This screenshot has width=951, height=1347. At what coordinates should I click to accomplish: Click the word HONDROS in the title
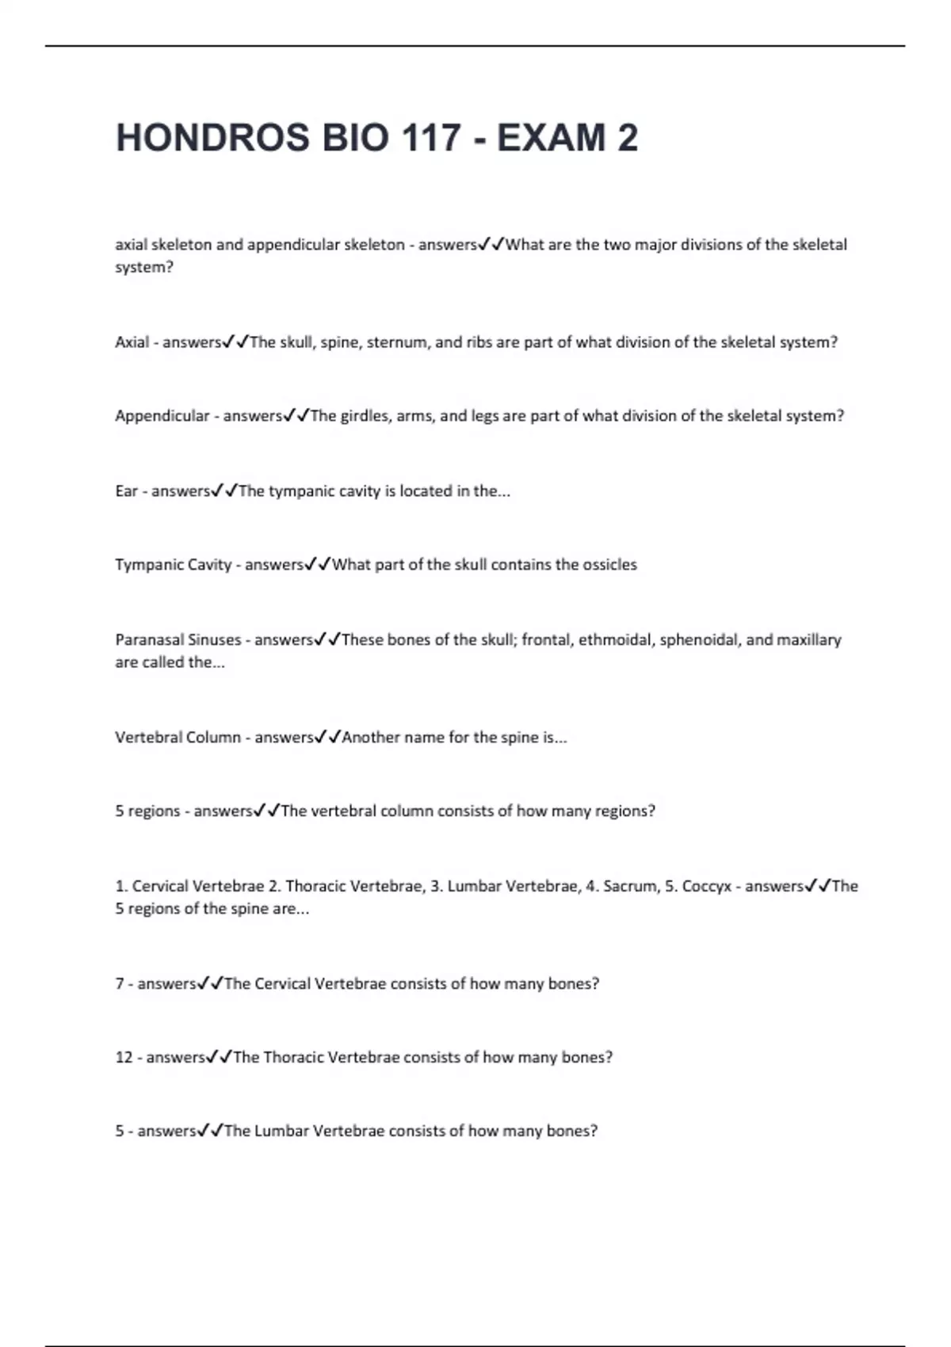point(212,138)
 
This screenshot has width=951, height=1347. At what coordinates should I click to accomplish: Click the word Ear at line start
point(126,491)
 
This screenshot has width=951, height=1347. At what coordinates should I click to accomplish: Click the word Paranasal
point(149,640)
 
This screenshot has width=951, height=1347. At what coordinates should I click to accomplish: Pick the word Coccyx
point(706,887)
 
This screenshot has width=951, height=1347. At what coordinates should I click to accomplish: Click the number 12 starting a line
point(124,1058)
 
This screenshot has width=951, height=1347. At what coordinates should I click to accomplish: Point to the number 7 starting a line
point(120,984)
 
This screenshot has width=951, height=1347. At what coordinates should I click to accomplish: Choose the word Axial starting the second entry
point(132,342)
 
